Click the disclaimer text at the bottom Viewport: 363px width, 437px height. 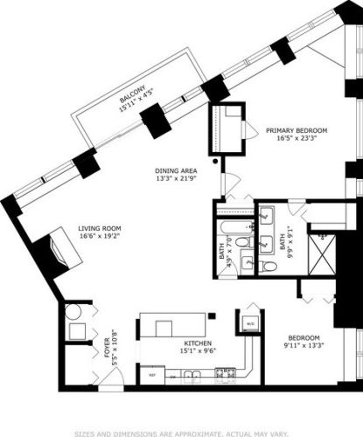(x=181, y=431)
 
